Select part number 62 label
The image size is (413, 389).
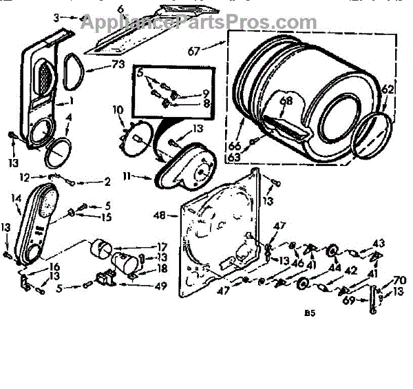coord(388,89)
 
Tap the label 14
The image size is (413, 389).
coord(16,198)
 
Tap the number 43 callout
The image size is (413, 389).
coord(379,243)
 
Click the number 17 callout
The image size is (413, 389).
coord(162,246)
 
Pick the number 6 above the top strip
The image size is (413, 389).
coord(120,8)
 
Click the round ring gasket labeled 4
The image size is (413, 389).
coord(59,151)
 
